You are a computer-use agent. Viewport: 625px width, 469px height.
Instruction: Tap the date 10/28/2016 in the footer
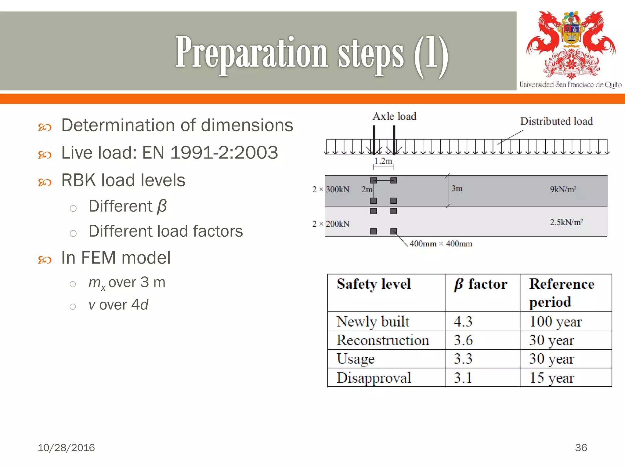[66, 448]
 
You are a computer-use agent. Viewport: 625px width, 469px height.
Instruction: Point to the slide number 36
[581, 448]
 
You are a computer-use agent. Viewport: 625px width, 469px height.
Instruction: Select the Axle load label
[394, 116]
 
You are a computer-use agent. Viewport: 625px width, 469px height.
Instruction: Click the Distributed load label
[556, 121]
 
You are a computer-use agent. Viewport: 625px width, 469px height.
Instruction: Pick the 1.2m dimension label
[383, 161]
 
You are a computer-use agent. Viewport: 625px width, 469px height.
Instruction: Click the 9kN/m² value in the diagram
[563, 189]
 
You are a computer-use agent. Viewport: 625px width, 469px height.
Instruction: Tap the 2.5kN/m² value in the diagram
[566, 222]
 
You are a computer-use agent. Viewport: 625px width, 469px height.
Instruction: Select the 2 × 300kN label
[331, 189]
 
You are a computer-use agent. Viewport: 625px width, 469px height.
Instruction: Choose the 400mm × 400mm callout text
[441, 244]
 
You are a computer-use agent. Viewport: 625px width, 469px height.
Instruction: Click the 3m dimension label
[457, 188]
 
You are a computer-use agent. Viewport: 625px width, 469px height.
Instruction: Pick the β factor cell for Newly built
[463, 322]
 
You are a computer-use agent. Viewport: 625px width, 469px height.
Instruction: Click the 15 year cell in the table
[551, 378]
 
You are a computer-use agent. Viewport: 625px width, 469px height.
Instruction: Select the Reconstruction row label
[383, 340]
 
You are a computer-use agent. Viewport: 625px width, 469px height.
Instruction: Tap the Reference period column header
[562, 293]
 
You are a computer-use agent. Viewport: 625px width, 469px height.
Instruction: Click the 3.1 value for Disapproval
[463, 378]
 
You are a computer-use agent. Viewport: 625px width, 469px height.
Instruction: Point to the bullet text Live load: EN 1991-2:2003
[169, 152]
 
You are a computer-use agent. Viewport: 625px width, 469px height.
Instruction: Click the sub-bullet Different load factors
[165, 231]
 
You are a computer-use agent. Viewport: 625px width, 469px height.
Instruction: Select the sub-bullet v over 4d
[118, 305]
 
